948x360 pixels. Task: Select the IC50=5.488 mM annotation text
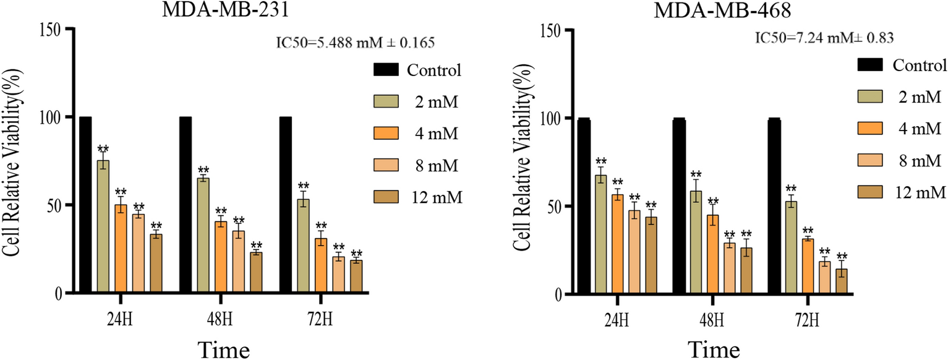pos(355,43)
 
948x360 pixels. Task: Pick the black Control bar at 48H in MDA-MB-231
pos(186,205)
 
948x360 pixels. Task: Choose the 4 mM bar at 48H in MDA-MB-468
pos(713,254)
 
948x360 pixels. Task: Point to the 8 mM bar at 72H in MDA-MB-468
pos(824,278)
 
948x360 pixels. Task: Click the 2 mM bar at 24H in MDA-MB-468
pos(600,234)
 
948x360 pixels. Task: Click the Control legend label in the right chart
pos(920,65)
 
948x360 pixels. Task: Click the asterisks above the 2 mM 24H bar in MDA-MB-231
pos(103,148)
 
